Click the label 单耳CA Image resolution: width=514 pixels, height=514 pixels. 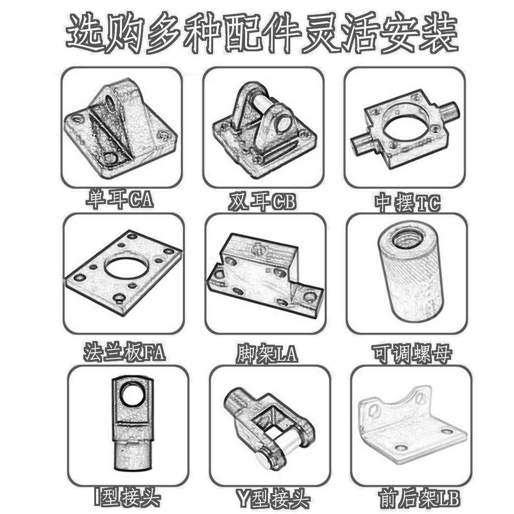119,200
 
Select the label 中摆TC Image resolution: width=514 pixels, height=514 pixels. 407,203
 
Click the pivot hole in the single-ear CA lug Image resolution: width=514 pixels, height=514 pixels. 112,101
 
